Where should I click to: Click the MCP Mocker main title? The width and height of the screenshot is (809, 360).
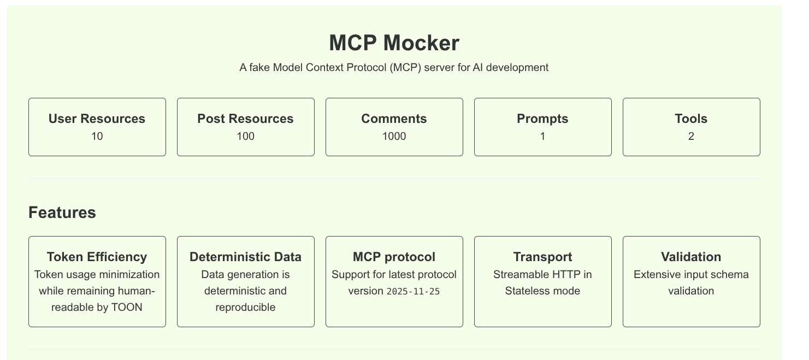point(394,43)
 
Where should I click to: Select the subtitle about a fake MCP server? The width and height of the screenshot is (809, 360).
point(394,68)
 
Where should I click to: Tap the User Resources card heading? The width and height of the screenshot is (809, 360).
point(97,119)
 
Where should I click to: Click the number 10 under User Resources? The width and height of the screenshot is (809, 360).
point(97,137)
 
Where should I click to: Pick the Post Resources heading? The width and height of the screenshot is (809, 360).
point(245,119)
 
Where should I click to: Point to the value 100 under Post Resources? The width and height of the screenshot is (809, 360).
point(245,137)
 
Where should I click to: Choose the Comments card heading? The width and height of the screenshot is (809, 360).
point(394,119)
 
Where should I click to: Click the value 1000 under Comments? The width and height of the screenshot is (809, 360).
point(394,137)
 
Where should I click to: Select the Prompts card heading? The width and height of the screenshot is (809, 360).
point(542,119)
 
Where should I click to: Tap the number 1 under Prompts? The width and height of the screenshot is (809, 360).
point(542,137)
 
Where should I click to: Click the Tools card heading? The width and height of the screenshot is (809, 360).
point(691,119)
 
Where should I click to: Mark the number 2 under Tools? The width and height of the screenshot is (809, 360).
point(691,137)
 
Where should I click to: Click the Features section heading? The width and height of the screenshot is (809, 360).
point(62,213)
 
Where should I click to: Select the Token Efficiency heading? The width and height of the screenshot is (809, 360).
point(97,257)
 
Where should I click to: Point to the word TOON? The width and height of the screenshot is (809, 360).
point(127,308)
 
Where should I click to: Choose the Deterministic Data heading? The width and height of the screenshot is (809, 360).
point(245,257)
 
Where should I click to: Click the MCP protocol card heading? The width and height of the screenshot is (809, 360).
point(394,257)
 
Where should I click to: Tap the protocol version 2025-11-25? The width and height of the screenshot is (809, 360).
point(413,292)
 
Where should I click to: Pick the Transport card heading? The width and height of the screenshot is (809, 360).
point(542,257)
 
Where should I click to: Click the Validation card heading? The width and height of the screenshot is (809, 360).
point(691,257)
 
